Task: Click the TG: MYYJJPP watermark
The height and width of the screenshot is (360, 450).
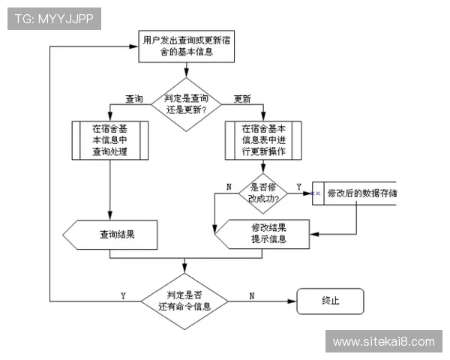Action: pyautogui.click(x=53, y=19)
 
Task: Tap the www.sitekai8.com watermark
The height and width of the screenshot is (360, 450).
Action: pyautogui.click(x=383, y=342)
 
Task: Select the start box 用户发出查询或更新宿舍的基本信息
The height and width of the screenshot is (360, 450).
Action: pyautogui.click(x=186, y=46)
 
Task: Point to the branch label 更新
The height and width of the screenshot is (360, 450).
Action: pyautogui.click(x=241, y=99)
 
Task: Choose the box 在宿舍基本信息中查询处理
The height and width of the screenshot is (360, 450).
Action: pyautogui.click(x=110, y=140)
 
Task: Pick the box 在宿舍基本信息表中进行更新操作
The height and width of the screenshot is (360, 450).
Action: pyautogui.click(x=263, y=140)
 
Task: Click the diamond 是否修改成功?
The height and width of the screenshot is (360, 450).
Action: pyautogui.click(x=263, y=193)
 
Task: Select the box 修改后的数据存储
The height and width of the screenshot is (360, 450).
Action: pyautogui.click(x=356, y=193)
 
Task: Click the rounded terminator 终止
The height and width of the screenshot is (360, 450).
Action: pyautogui.click(x=330, y=301)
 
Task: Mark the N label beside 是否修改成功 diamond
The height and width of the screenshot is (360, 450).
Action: pyautogui.click(x=229, y=186)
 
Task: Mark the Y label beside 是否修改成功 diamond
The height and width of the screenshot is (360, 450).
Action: pyautogui.click(x=298, y=186)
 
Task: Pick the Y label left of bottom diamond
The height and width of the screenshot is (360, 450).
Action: pyautogui.click(x=122, y=295)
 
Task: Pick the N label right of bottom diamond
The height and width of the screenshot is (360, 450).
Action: pyautogui.click(x=251, y=295)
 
